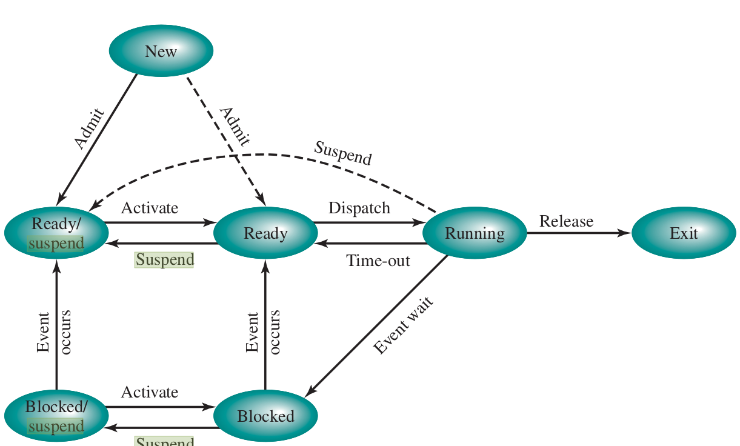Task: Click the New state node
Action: [161, 51]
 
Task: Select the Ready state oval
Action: [265, 233]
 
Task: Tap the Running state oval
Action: [475, 233]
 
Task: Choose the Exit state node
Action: [684, 233]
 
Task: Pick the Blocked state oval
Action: [265, 416]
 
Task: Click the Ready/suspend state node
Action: [56, 233]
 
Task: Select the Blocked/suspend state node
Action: [56, 416]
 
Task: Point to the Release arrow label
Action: [566, 221]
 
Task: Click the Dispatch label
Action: [359, 208]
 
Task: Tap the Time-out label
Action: [378, 261]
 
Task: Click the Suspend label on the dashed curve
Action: [342, 153]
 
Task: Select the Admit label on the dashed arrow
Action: [235, 127]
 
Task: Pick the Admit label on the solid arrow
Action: [89, 128]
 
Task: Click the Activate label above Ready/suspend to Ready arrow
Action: [150, 208]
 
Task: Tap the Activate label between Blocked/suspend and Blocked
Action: [150, 392]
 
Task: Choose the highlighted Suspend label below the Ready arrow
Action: [164, 260]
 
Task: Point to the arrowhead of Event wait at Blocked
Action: [308, 393]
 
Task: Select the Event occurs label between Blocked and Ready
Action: [263, 331]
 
